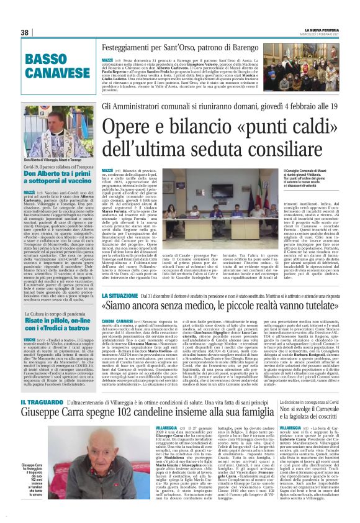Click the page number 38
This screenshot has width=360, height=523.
25,32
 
